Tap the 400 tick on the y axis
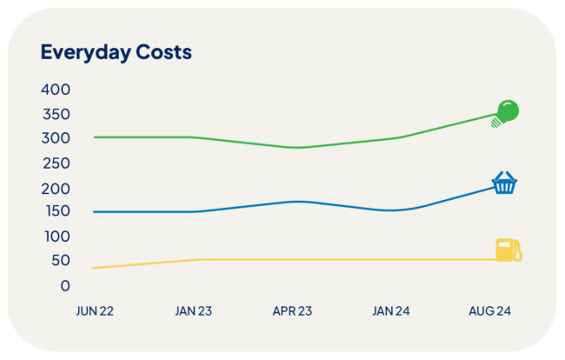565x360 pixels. (56, 90)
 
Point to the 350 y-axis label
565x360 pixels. (56, 114)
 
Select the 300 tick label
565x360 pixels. (56, 138)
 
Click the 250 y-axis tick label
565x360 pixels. (56, 163)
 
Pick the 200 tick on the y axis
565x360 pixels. (56, 188)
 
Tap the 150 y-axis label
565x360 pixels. (56, 212)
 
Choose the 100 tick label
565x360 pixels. (56, 237)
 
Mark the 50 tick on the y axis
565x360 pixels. (60, 261)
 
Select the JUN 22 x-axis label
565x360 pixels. (95, 310)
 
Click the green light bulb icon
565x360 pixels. (506, 112)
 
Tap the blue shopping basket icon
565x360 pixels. (504, 183)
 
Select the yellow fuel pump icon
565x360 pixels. (508, 250)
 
